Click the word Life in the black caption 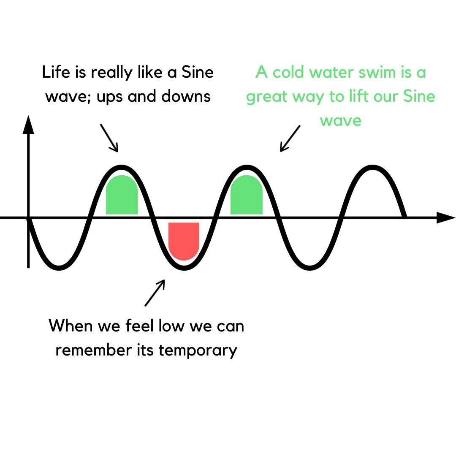[54, 73]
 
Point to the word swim [375, 73]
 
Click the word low [157, 326]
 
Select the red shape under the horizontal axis [184, 240]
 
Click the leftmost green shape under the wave [122, 195]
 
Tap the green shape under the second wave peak [247, 195]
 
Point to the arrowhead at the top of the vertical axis [28, 125]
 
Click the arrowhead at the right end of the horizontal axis [445, 217]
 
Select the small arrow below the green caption [290, 138]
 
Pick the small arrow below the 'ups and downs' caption [109, 138]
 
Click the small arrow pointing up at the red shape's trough [155, 292]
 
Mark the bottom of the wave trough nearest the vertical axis [59, 268]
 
